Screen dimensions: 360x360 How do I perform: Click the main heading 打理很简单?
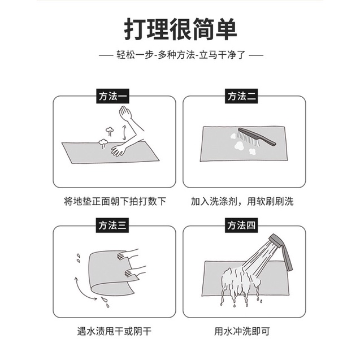tap(180, 29)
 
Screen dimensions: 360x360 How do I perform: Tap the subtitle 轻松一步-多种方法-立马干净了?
tap(181, 55)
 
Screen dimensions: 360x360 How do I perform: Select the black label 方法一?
tap(112, 96)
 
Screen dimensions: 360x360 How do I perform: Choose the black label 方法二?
tap(241, 96)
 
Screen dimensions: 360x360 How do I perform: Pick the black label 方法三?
tap(112, 225)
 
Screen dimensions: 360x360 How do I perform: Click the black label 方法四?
tap(241, 225)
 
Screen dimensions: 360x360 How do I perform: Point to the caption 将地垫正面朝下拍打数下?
tap(115, 201)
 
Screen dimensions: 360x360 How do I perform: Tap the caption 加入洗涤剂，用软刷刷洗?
tap(242, 201)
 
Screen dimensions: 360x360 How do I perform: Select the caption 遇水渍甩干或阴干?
tap(114, 331)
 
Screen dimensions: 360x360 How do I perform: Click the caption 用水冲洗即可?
tap(242, 331)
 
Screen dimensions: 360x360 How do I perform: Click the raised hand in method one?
tap(125, 112)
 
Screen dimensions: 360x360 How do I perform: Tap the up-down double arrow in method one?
tap(124, 132)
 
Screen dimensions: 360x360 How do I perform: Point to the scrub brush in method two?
tap(257, 137)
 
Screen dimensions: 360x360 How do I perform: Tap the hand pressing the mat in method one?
tap(119, 150)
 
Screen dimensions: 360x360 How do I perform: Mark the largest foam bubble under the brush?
tap(238, 145)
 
